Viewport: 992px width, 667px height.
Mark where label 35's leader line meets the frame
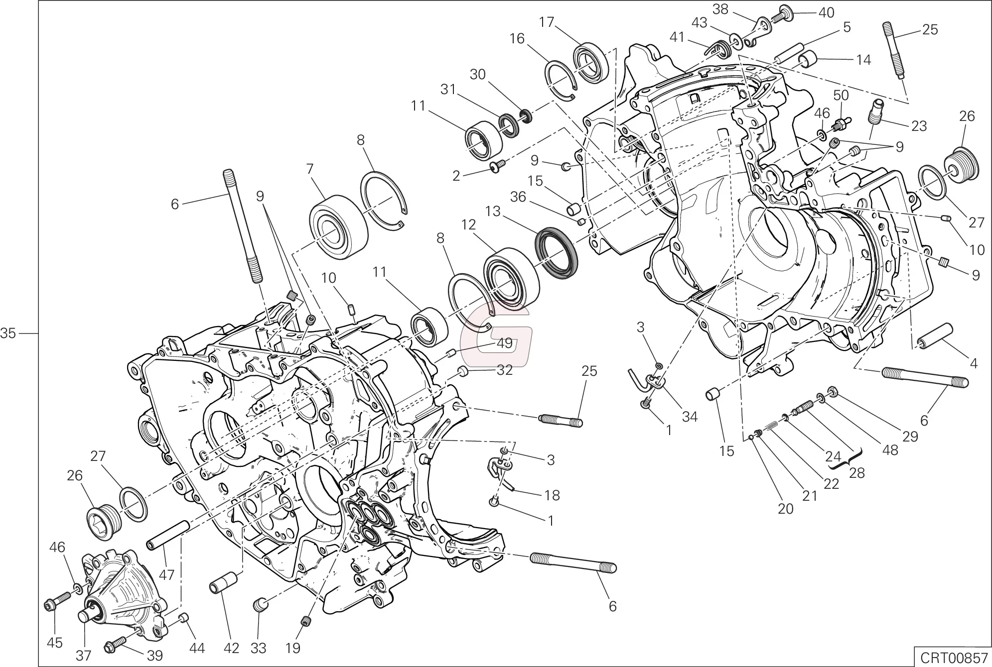click(x=39, y=333)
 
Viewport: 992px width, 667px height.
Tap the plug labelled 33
click(x=260, y=605)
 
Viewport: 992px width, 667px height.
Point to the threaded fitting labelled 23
click(x=877, y=112)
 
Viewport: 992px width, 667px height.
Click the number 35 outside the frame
click(x=8, y=333)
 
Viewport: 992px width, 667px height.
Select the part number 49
click(x=505, y=344)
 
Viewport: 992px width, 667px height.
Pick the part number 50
click(x=841, y=95)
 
